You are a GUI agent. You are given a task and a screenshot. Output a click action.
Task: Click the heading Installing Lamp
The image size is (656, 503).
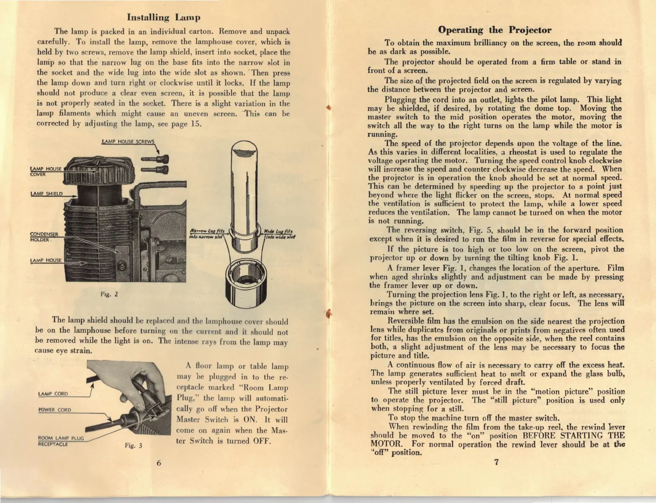(x=163, y=18)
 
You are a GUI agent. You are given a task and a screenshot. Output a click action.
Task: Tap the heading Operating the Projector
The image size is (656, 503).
(x=494, y=30)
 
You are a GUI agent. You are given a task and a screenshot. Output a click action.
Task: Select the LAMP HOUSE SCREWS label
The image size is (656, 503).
(x=128, y=142)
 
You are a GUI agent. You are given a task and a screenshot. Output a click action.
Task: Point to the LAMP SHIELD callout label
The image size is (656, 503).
(x=47, y=194)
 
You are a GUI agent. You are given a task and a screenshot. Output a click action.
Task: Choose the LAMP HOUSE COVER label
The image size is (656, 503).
(x=46, y=171)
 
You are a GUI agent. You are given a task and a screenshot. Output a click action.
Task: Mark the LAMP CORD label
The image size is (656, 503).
(x=53, y=394)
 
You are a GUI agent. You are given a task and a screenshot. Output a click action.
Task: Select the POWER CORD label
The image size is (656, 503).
(x=55, y=410)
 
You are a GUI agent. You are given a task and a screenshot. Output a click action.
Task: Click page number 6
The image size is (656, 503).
(x=159, y=462)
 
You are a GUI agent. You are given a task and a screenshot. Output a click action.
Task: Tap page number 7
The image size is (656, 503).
(x=496, y=462)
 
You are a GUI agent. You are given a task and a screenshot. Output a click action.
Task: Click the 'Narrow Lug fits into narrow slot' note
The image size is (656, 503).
(x=207, y=234)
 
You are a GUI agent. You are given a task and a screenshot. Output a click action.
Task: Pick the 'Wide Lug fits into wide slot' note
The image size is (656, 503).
(x=279, y=234)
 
